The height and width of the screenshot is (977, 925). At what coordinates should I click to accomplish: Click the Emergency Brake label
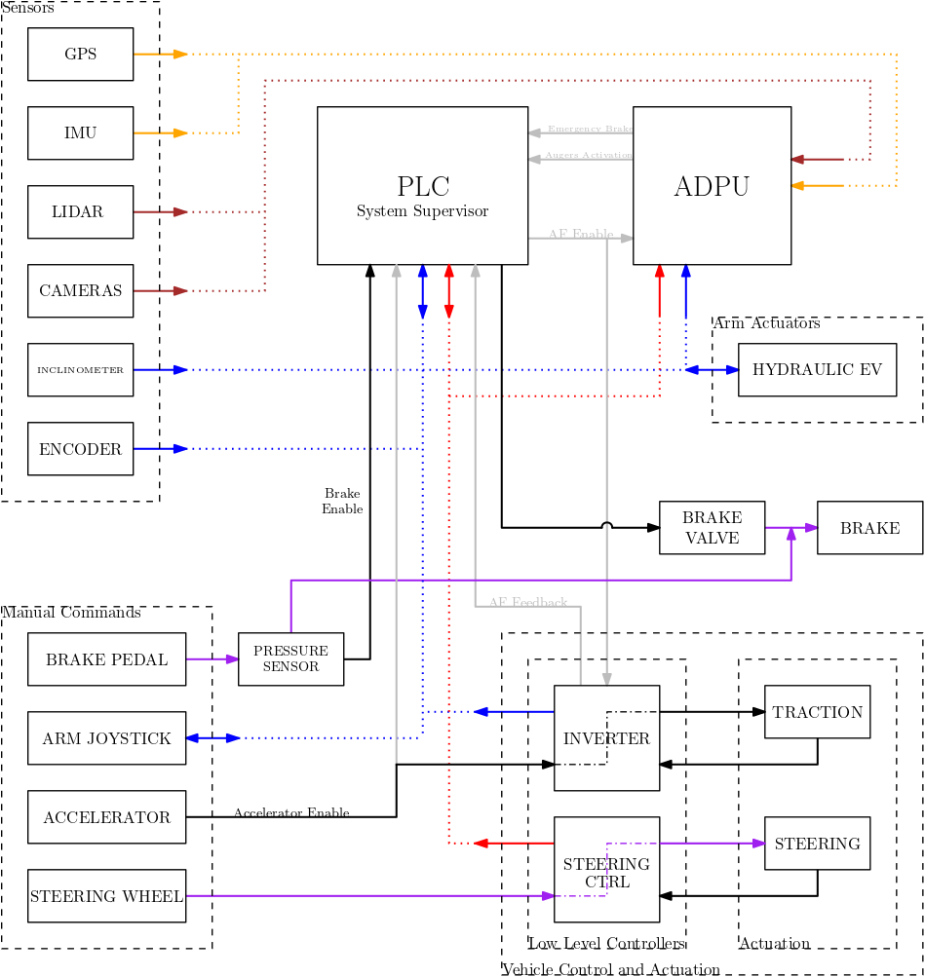click(589, 129)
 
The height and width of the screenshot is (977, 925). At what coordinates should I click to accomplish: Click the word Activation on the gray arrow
click(608, 155)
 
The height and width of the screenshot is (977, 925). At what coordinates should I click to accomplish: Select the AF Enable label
click(581, 234)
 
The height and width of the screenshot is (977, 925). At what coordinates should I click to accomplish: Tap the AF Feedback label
click(527, 602)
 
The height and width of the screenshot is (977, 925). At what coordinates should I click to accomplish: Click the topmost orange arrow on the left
click(161, 54)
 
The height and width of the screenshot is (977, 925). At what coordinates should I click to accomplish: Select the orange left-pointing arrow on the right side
click(817, 185)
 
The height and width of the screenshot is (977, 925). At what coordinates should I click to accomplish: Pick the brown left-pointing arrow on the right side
click(817, 159)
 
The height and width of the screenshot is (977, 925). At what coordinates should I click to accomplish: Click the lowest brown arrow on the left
click(161, 290)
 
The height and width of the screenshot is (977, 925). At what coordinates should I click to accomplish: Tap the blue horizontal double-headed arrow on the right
click(713, 369)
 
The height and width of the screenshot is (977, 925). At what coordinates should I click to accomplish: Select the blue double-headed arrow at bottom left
click(212, 737)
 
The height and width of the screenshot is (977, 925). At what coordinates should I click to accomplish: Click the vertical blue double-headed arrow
click(422, 291)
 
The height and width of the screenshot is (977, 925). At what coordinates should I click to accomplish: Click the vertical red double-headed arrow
click(448, 291)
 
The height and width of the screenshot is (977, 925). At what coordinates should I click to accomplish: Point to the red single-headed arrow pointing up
click(659, 290)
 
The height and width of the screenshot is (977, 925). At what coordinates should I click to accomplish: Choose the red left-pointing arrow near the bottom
click(514, 843)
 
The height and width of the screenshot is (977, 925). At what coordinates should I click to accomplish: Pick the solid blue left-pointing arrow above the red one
click(514, 711)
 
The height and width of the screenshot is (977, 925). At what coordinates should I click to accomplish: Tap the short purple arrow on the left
click(212, 658)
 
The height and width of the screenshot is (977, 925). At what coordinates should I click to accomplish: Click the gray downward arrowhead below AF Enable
click(606, 679)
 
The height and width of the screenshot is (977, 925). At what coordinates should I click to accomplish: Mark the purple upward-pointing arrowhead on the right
click(790, 534)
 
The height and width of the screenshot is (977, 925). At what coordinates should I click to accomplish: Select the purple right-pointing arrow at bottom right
click(713, 843)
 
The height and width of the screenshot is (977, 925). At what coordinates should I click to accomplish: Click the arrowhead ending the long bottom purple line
click(547, 895)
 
